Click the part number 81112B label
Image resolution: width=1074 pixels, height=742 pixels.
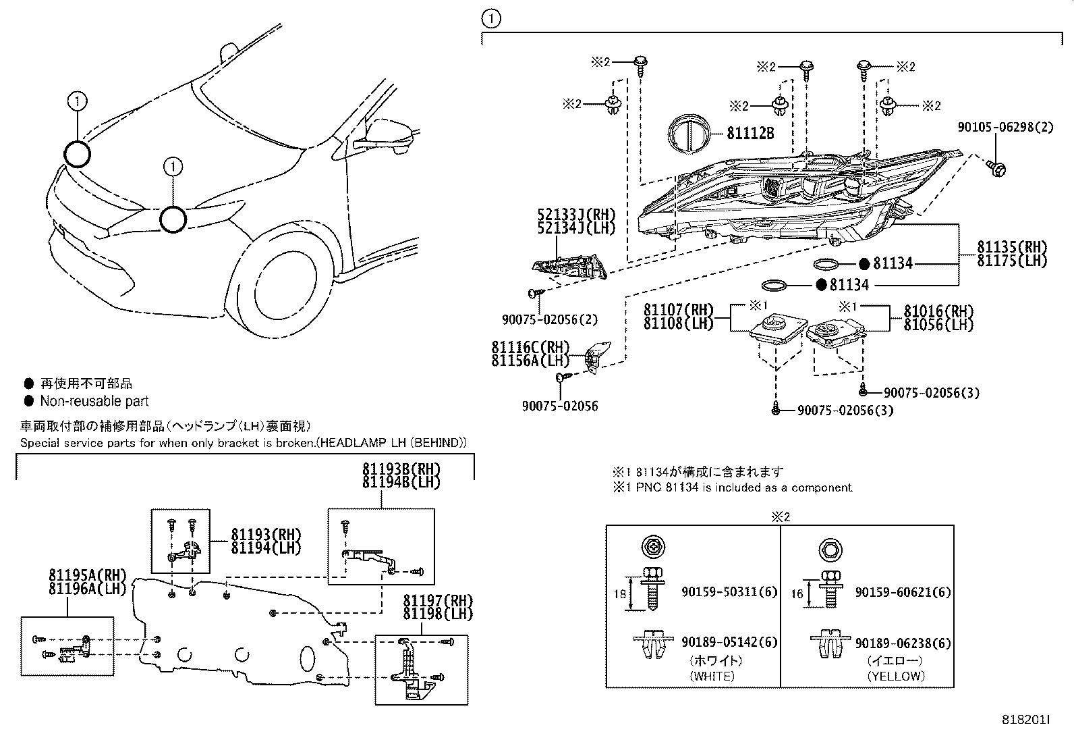[750, 133]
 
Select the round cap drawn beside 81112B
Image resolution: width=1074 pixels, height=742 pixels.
[689, 133]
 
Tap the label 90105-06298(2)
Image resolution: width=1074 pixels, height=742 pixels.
[1005, 127]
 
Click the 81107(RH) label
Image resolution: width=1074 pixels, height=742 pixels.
[678, 310]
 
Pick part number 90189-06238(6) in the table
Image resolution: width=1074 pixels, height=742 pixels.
[903, 643]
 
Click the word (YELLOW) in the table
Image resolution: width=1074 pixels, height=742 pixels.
[896, 675]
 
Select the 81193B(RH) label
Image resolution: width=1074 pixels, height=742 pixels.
[401, 469]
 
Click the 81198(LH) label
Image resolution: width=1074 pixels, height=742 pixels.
[438, 613]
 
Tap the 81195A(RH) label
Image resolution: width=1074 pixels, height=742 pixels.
[88, 575]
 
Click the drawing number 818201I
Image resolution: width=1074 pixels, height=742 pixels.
[1025, 720]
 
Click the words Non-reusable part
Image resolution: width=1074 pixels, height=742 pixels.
[94, 401]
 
